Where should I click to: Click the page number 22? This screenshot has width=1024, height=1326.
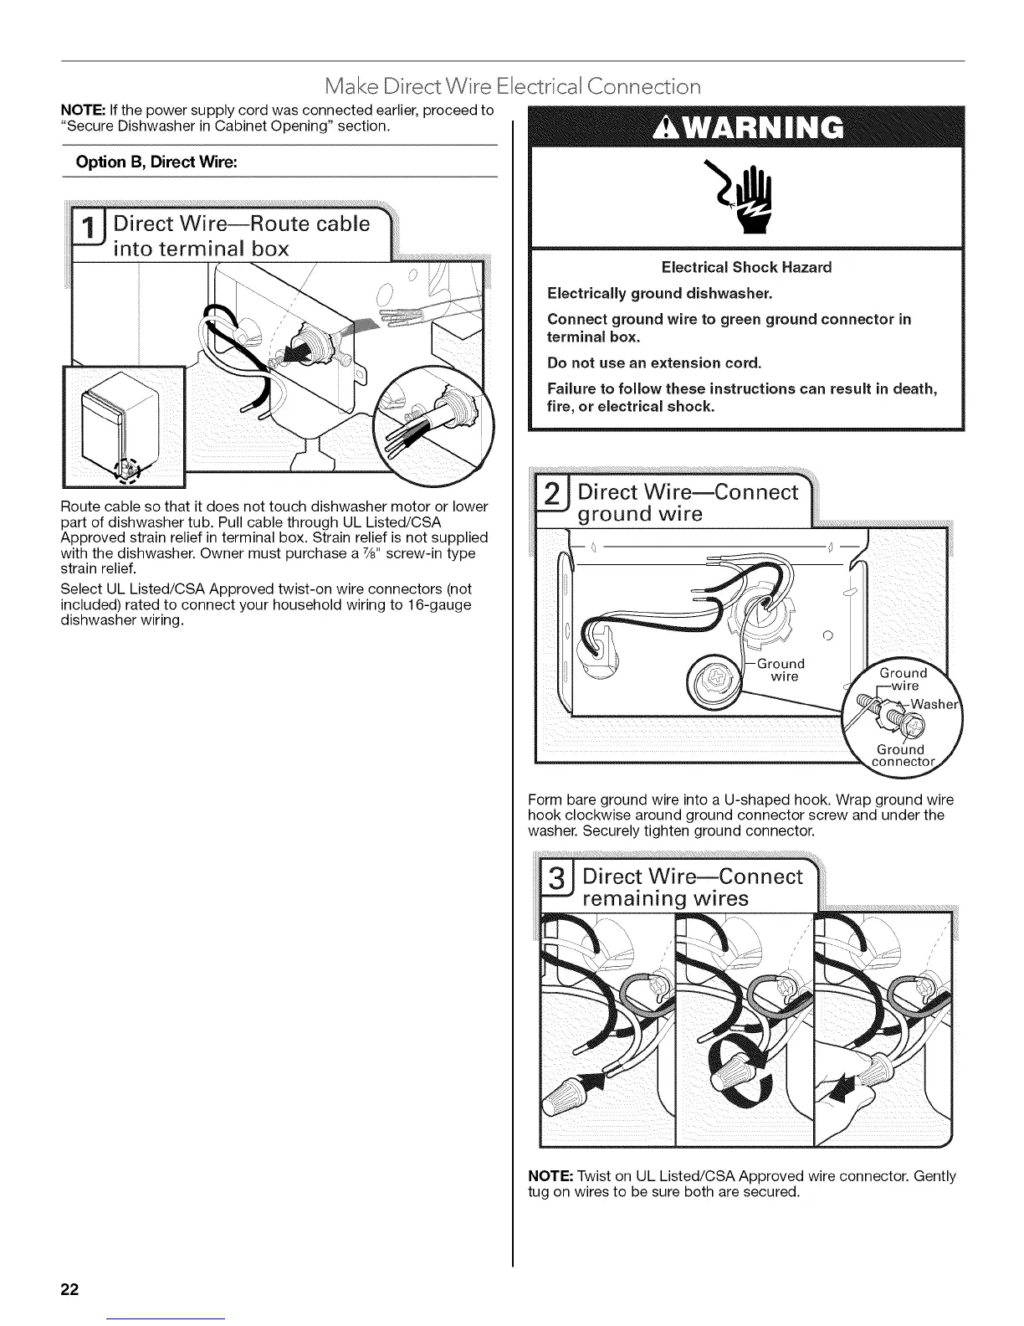[69, 1288]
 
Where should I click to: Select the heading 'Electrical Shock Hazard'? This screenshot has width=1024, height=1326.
[746, 268]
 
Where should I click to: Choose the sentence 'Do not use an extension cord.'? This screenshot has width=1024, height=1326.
[654, 362]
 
